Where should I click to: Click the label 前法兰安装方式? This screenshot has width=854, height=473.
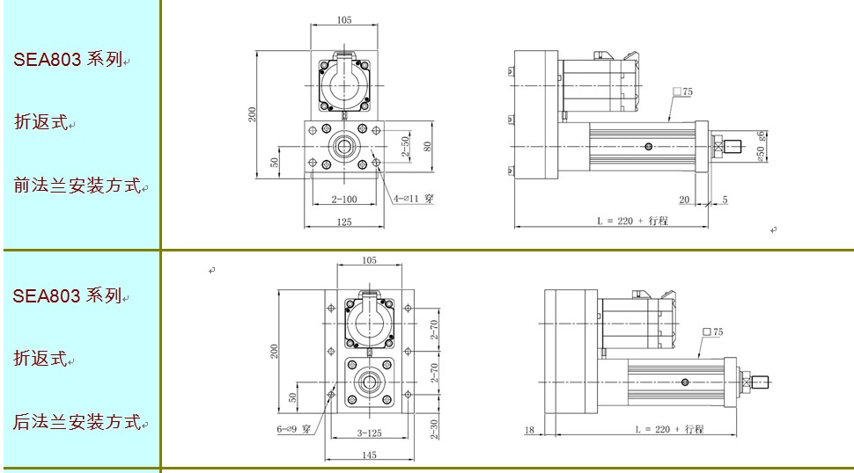[77, 186]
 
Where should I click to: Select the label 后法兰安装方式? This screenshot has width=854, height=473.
[77, 422]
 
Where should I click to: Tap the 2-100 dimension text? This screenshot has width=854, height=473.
[344, 200]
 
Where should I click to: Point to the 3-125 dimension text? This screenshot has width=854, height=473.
[369, 433]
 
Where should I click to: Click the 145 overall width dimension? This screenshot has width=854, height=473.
[369, 455]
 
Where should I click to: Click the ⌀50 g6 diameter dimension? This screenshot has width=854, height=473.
[761, 146]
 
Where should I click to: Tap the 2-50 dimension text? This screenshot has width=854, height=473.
[405, 147]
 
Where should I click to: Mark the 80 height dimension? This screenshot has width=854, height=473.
[428, 147]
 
